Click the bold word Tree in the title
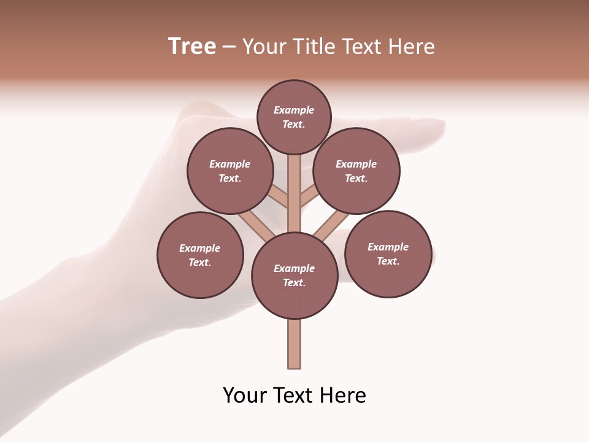click(192, 47)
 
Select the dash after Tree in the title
click(229, 47)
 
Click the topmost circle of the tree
click(294, 117)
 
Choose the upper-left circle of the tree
click(229, 171)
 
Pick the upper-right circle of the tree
click(356, 171)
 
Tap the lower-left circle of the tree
click(200, 255)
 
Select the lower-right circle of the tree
click(388, 254)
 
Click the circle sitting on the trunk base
click(294, 276)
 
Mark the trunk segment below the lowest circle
click(294, 344)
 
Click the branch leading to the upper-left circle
click(279, 198)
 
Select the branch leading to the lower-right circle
click(331, 224)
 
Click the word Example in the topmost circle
click(294, 110)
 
